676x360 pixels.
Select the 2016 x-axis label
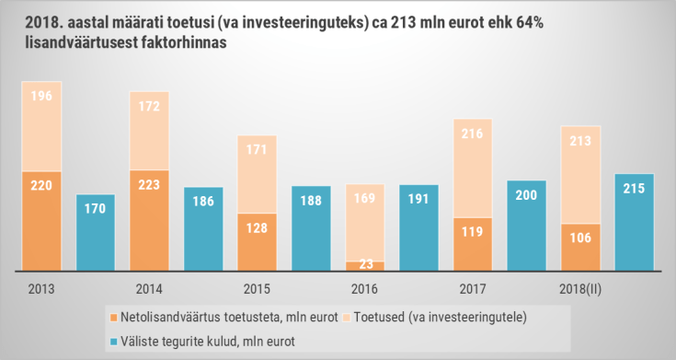point(364,287)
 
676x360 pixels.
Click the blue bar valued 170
point(95,232)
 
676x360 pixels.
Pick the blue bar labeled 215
point(634,222)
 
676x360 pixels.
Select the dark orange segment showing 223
point(149,220)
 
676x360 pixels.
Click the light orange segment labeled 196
point(41,126)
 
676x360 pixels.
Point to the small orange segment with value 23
point(365,266)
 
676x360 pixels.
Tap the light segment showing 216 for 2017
point(473,168)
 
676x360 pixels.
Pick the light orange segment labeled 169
point(365,223)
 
